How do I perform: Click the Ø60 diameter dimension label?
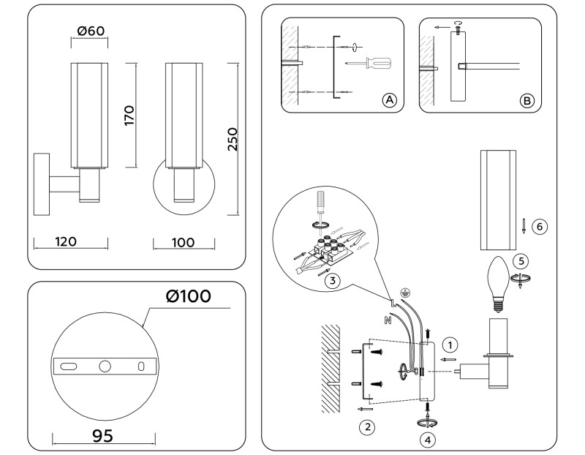91,32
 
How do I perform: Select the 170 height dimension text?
129,115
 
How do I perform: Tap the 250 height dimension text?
233,140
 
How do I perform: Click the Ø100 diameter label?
188,296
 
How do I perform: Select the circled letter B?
526,100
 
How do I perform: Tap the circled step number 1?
452,343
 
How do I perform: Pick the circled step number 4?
428,440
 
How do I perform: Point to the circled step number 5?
520,260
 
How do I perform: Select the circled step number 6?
538,226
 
